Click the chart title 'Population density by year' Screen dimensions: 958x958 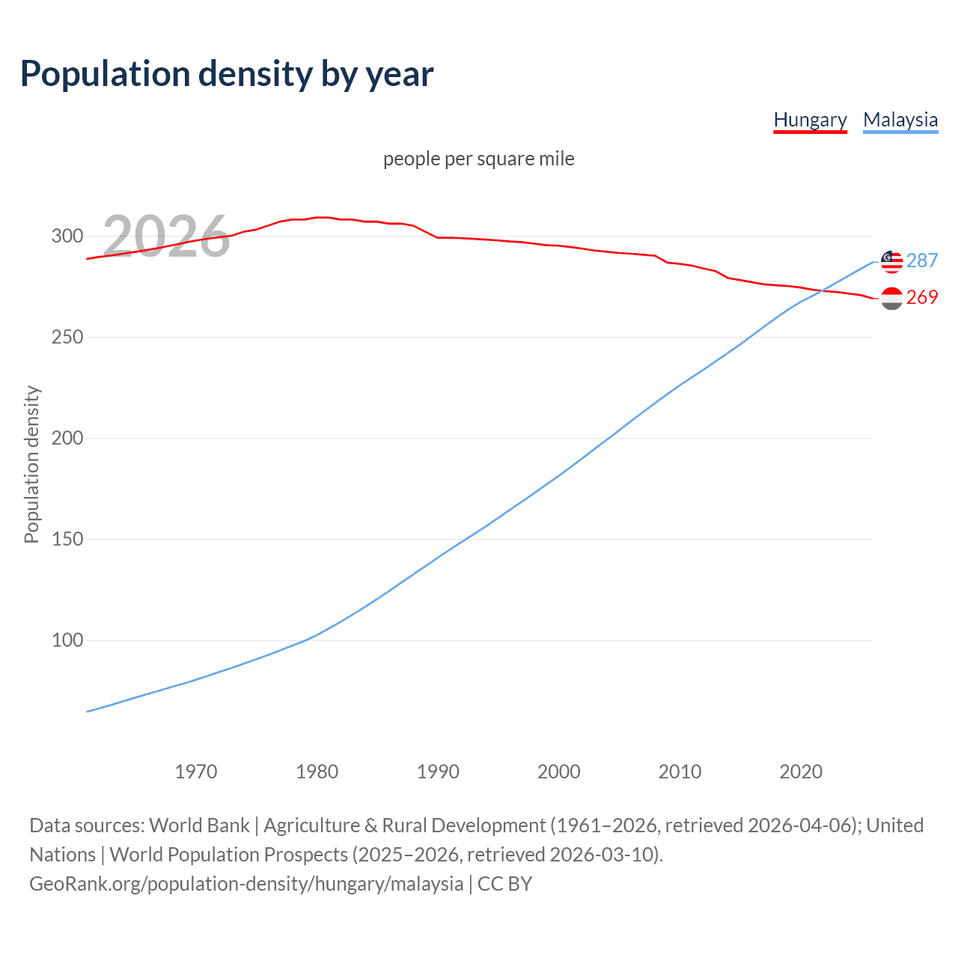pos(227,74)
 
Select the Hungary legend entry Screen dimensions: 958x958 pos(810,120)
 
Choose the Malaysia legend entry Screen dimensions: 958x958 pos(900,120)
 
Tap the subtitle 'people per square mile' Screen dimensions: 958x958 pos(478,159)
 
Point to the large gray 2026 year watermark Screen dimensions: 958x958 pos(166,237)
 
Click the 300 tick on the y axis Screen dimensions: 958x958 pos(67,237)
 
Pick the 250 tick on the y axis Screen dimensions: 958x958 pos(67,338)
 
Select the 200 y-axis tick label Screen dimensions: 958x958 pos(67,439)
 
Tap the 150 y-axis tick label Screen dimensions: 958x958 pos(67,540)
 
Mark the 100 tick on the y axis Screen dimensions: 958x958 pos(67,641)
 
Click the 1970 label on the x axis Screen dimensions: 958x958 pos(196,772)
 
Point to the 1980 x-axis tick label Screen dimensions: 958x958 pos(317,772)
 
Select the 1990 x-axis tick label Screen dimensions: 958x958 pos(438,772)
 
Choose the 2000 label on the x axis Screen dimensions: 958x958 pos(559,772)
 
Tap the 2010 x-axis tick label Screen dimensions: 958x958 pos(680,772)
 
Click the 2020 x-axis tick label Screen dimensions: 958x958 pos(801,772)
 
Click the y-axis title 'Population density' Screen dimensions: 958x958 pos(31,464)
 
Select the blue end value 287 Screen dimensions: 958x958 pos(922,260)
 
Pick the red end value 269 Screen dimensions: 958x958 pos(922,297)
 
